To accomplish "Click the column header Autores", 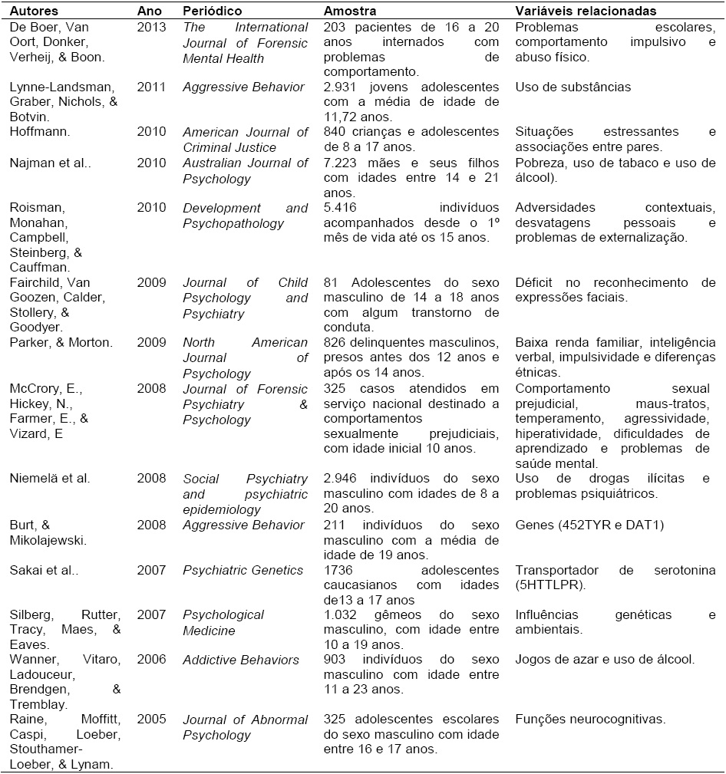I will pyautogui.click(x=33, y=12).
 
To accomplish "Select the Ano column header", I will pyautogui.click(x=149, y=12).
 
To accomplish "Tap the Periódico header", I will pyautogui.click(x=212, y=12).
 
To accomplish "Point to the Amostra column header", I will pyautogui.click(x=349, y=12).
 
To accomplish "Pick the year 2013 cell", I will pyautogui.click(x=150, y=28).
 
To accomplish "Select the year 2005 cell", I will pyautogui.click(x=150, y=720).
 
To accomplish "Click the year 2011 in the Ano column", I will pyautogui.click(x=150, y=87).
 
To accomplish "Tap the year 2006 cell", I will pyautogui.click(x=150, y=660).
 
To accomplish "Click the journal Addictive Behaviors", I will pyautogui.click(x=241, y=660).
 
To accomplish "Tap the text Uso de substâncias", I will pyautogui.click(x=573, y=87).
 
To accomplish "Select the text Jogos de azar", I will pyautogui.click(x=551, y=660).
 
